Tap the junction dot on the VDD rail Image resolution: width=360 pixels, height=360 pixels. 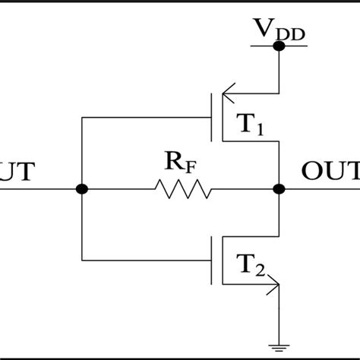pos(279,46)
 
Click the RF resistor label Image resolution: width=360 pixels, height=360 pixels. pos(180,162)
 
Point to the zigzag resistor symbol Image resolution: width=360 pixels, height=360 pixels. pos(182,188)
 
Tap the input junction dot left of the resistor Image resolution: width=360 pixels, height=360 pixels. pos(82,188)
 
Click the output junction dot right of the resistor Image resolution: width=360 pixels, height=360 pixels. pos(279,188)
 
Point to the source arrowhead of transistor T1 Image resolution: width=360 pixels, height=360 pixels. pos(226,95)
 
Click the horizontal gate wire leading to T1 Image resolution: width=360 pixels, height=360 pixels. pos(144,118)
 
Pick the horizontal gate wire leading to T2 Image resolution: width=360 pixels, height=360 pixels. pos(144,260)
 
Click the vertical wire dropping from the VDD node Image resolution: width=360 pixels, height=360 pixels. pos(279,72)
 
